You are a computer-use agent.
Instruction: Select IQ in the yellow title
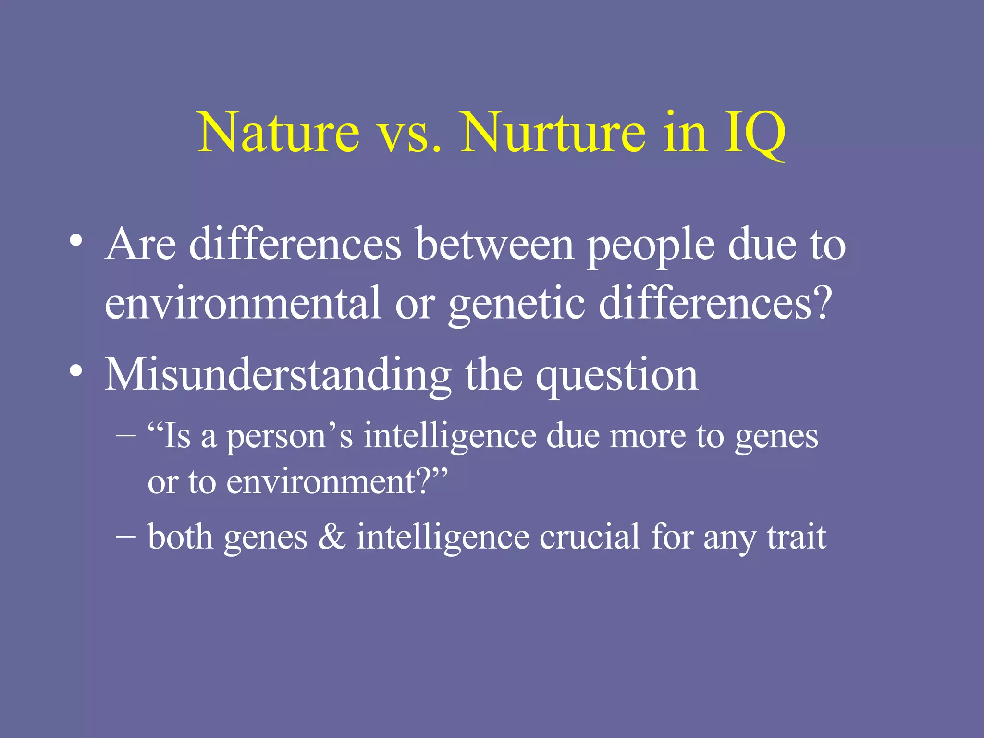point(754,134)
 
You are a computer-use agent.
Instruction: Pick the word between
point(495,245)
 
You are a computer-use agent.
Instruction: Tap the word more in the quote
point(647,437)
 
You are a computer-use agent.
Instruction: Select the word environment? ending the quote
point(332,482)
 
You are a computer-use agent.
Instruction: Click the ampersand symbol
point(332,537)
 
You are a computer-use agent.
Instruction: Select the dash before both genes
point(126,536)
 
